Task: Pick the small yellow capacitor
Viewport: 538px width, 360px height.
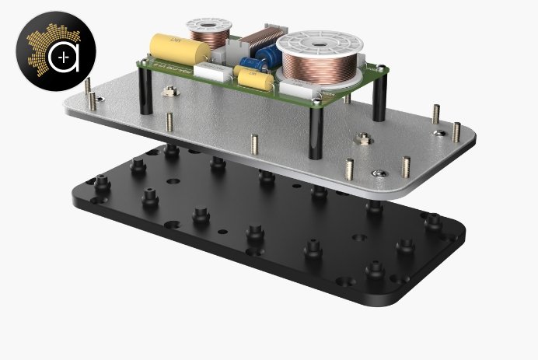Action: click(253, 77)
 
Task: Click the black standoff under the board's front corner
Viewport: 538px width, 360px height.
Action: click(316, 132)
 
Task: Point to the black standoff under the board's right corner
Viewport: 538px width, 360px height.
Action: click(379, 97)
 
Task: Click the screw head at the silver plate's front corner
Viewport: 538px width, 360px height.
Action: click(377, 173)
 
